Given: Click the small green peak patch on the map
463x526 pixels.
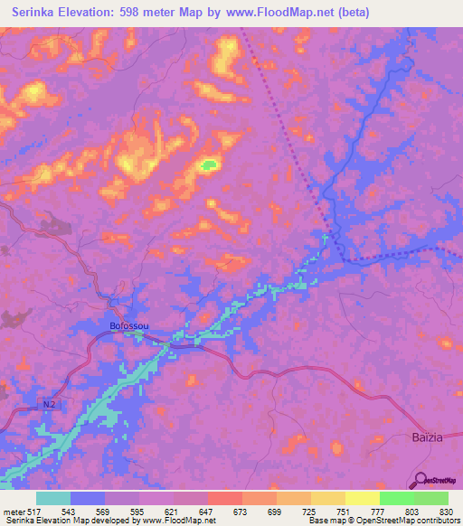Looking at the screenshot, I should tap(210, 164).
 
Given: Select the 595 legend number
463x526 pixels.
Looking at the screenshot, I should tap(138, 512).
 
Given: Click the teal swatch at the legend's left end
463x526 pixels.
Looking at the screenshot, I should tap(53, 498).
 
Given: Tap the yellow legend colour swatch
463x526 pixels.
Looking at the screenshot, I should tap(362, 498).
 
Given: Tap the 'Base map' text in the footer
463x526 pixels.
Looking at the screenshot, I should tap(329, 521).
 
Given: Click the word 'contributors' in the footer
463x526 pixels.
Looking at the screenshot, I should tap(436, 521).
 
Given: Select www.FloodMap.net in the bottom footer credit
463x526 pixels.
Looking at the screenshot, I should tap(179, 521).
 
